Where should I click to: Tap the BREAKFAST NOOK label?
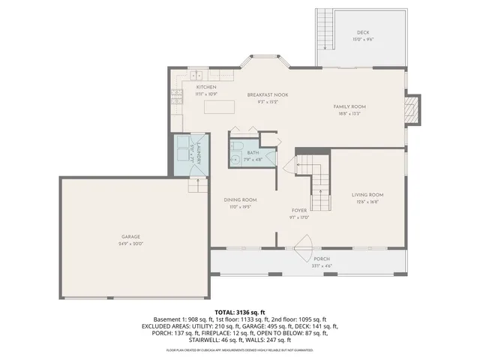coord(268,94)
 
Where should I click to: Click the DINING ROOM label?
coord(241,199)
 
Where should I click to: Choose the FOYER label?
coord(300,210)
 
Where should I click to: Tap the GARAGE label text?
coord(131,236)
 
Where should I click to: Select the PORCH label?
coord(321,259)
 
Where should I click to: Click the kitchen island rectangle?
coord(220,106)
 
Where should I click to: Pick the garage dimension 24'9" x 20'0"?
coord(131,244)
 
